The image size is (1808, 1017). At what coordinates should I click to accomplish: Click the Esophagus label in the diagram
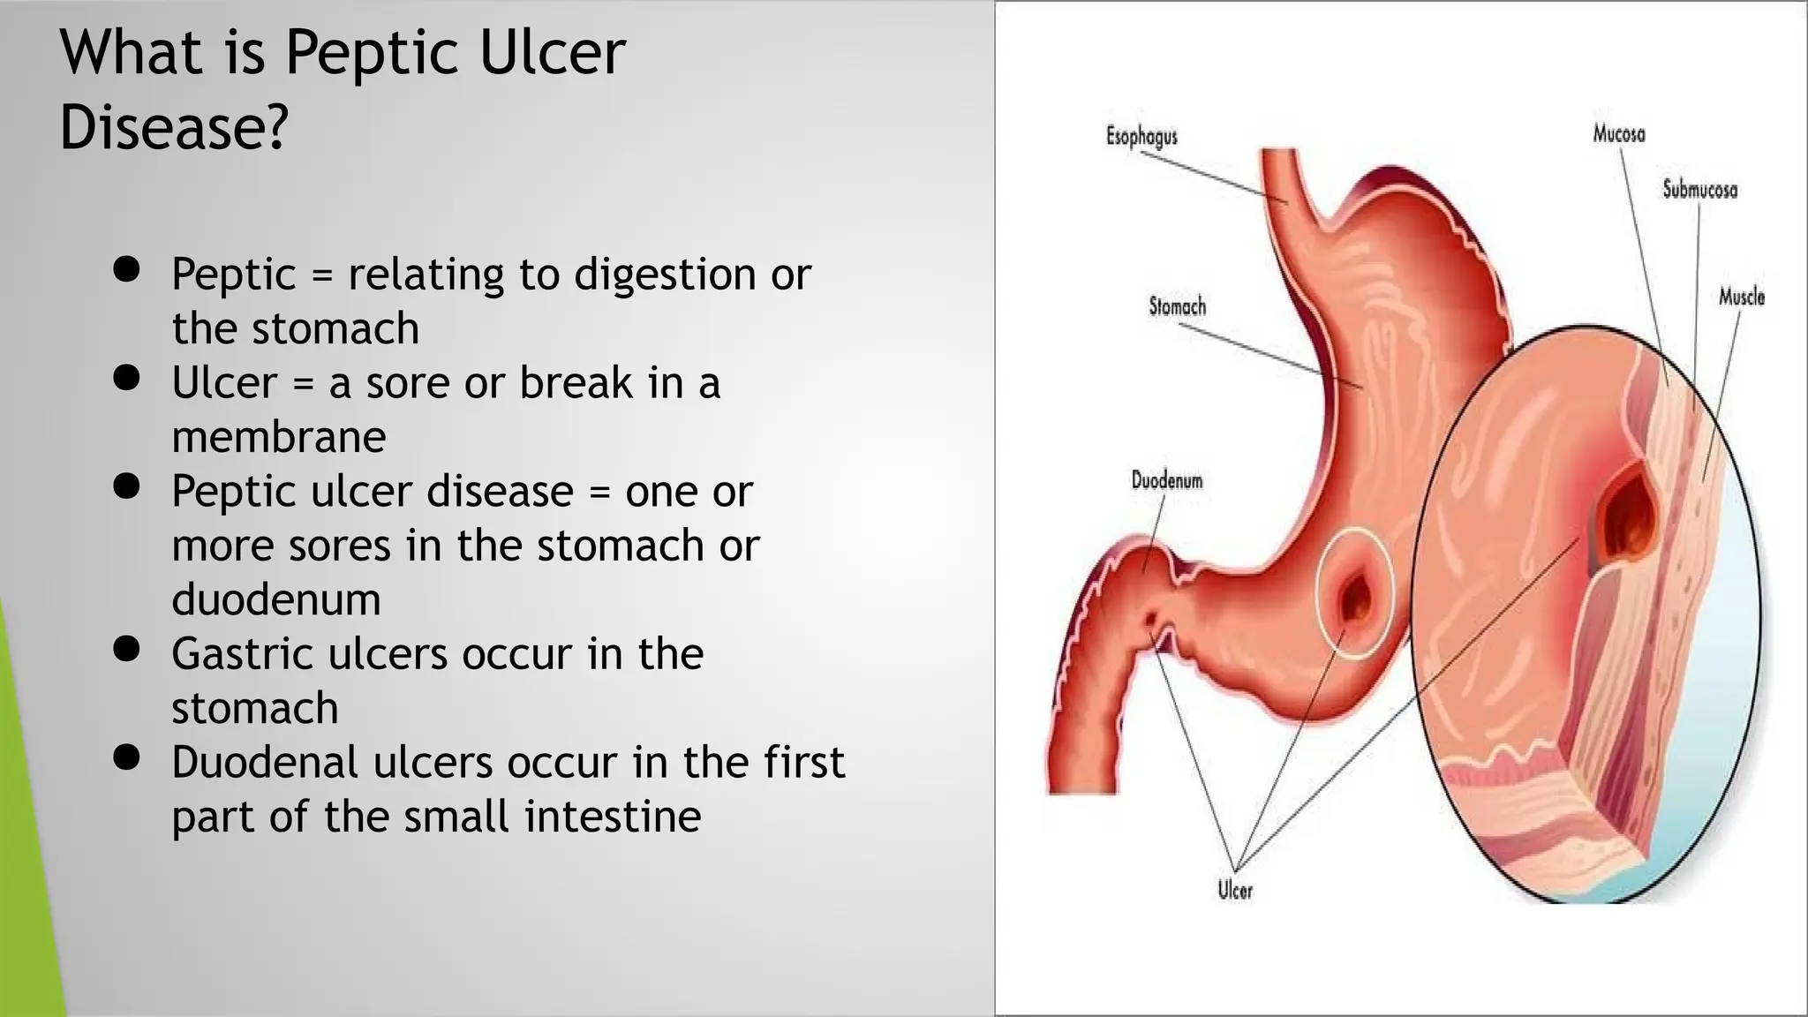[1141, 136]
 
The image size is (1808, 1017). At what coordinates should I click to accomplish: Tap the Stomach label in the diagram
[1177, 306]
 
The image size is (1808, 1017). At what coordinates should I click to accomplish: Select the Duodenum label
[1166, 480]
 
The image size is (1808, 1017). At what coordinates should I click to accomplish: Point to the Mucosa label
[1619, 133]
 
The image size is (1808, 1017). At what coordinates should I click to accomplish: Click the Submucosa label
[1699, 189]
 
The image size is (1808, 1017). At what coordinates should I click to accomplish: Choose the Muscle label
[1741, 297]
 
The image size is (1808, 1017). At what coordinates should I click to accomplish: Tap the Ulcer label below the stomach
[1235, 890]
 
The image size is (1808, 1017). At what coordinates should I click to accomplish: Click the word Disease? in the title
[174, 126]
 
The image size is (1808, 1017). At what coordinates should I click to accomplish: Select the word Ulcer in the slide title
[552, 53]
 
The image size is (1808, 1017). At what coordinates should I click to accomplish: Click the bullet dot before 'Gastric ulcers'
[127, 649]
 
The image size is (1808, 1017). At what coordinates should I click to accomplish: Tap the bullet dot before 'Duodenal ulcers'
[127, 757]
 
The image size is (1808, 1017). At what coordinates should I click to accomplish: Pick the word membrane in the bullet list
[279, 437]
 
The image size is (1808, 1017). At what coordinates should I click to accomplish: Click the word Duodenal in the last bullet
[265, 763]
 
